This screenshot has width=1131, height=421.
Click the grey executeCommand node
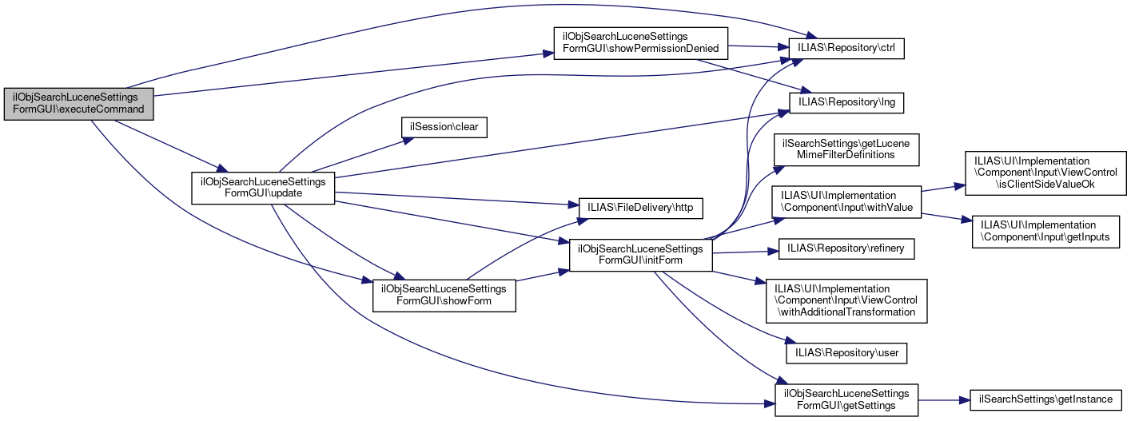pyautogui.click(x=78, y=103)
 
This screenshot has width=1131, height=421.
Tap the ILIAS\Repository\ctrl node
pyautogui.click(x=846, y=49)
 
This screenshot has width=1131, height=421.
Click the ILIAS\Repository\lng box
pyautogui.click(x=846, y=102)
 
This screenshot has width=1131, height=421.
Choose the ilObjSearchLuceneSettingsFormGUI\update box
pyautogui.click(x=262, y=188)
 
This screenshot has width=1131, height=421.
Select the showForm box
pyautogui.click(x=444, y=295)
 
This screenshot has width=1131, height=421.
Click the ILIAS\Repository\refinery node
pyautogui.click(x=846, y=249)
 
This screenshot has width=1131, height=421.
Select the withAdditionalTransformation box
pyautogui.click(x=846, y=300)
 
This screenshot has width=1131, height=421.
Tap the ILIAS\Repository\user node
pyautogui.click(x=846, y=351)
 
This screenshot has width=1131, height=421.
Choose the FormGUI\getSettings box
pyautogui.click(x=846, y=399)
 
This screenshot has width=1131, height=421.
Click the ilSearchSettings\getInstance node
pyautogui.click(x=1045, y=399)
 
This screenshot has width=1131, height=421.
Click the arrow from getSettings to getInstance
pyautogui.click(x=943, y=399)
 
